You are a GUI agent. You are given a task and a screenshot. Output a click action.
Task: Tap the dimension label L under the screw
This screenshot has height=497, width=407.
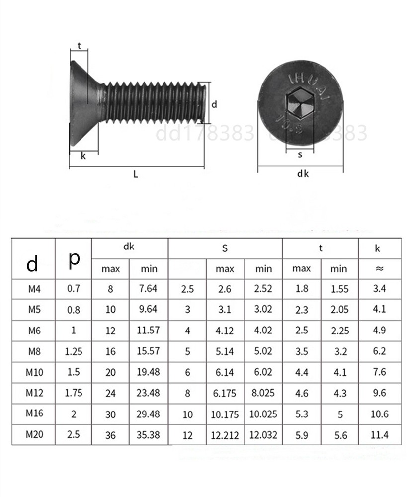click(x=136, y=174)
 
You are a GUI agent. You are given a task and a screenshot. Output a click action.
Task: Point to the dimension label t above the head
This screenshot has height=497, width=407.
click(x=79, y=46)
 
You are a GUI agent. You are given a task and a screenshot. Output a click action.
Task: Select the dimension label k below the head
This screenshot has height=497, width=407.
click(x=83, y=156)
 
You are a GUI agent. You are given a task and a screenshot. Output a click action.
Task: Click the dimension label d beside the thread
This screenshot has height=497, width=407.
click(x=214, y=104)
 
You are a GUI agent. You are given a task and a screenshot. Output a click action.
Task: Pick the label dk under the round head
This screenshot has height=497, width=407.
click(x=303, y=173)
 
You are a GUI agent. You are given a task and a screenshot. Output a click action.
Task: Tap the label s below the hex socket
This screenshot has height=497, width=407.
click(x=300, y=155)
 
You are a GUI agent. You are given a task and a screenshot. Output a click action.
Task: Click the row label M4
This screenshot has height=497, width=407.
click(x=34, y=289)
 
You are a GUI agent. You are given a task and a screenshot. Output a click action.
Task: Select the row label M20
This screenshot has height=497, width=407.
click(x=34, y=434)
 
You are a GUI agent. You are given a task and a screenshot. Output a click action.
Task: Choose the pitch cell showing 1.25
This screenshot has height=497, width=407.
click(x=74, y=351)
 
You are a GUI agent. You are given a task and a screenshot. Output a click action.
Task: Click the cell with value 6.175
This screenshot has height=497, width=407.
click(x=225, y=393)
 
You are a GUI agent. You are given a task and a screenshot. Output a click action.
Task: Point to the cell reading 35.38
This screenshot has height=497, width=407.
click(x=148, y=435)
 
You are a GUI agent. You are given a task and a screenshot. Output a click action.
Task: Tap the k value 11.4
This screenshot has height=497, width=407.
click(x=380, y=435)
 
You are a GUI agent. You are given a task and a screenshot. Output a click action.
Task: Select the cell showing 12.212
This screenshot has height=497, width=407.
click(x=225, y=435)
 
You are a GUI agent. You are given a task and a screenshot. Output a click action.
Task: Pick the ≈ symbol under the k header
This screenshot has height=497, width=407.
click(x=380, y=269)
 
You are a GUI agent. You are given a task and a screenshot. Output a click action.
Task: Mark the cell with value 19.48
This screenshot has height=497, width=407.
click(x=148, y=372)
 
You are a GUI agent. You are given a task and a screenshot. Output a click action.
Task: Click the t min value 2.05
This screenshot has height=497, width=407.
click(x=340, y=309)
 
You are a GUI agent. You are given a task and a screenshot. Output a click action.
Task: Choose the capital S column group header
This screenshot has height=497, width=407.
click(x=225, y=248)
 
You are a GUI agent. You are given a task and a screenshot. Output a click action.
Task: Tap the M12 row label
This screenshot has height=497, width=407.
click(x=34, y=393)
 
